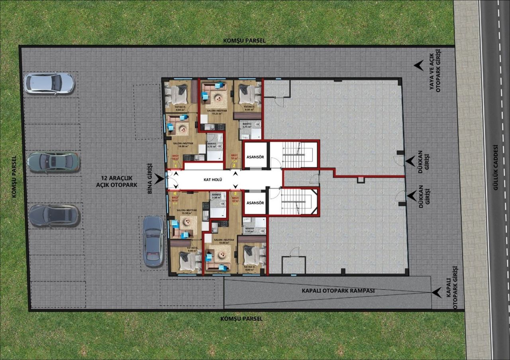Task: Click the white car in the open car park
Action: pos(49,83)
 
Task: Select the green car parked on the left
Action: pos(54,162)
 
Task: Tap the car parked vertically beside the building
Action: pos(153,241)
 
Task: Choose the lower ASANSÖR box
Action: pos(255,203)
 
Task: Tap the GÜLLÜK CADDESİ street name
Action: pos(496,167)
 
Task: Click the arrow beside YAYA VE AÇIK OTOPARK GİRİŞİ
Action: pos(418,66)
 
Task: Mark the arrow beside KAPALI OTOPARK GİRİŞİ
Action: pos(437,293)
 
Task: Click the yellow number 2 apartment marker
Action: pos(234,166)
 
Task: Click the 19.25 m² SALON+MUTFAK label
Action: pos(216,112)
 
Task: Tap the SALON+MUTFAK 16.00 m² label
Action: pos(183,145)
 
